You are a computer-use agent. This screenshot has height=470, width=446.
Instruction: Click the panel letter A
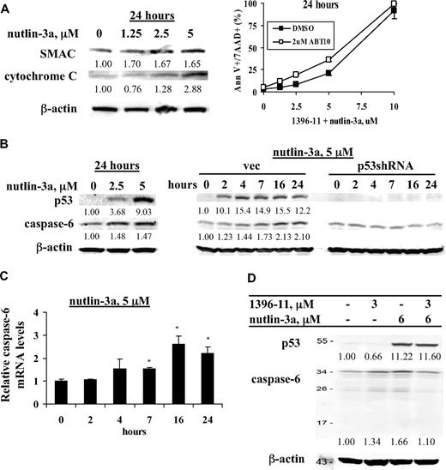[7, 8]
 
